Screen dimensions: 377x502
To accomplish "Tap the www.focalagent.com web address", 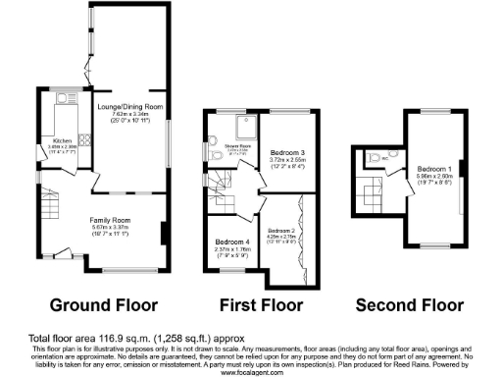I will click(x=250, y=373).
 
